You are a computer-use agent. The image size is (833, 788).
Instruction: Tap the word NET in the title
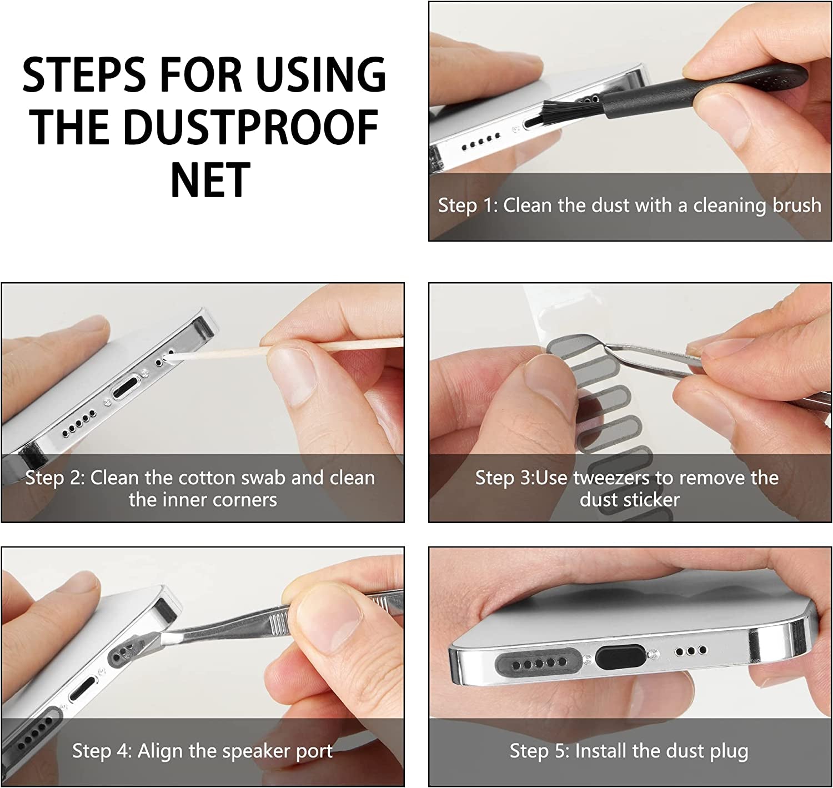[x=210, y=179]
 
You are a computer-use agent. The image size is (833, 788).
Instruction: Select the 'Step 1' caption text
[x=629, y=205]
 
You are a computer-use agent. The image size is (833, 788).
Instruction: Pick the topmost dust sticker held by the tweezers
[x=572, y=345]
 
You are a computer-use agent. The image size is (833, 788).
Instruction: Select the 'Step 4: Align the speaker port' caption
[x=202, y=751]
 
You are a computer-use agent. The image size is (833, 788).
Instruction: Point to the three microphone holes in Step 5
[x=690, y=650]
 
